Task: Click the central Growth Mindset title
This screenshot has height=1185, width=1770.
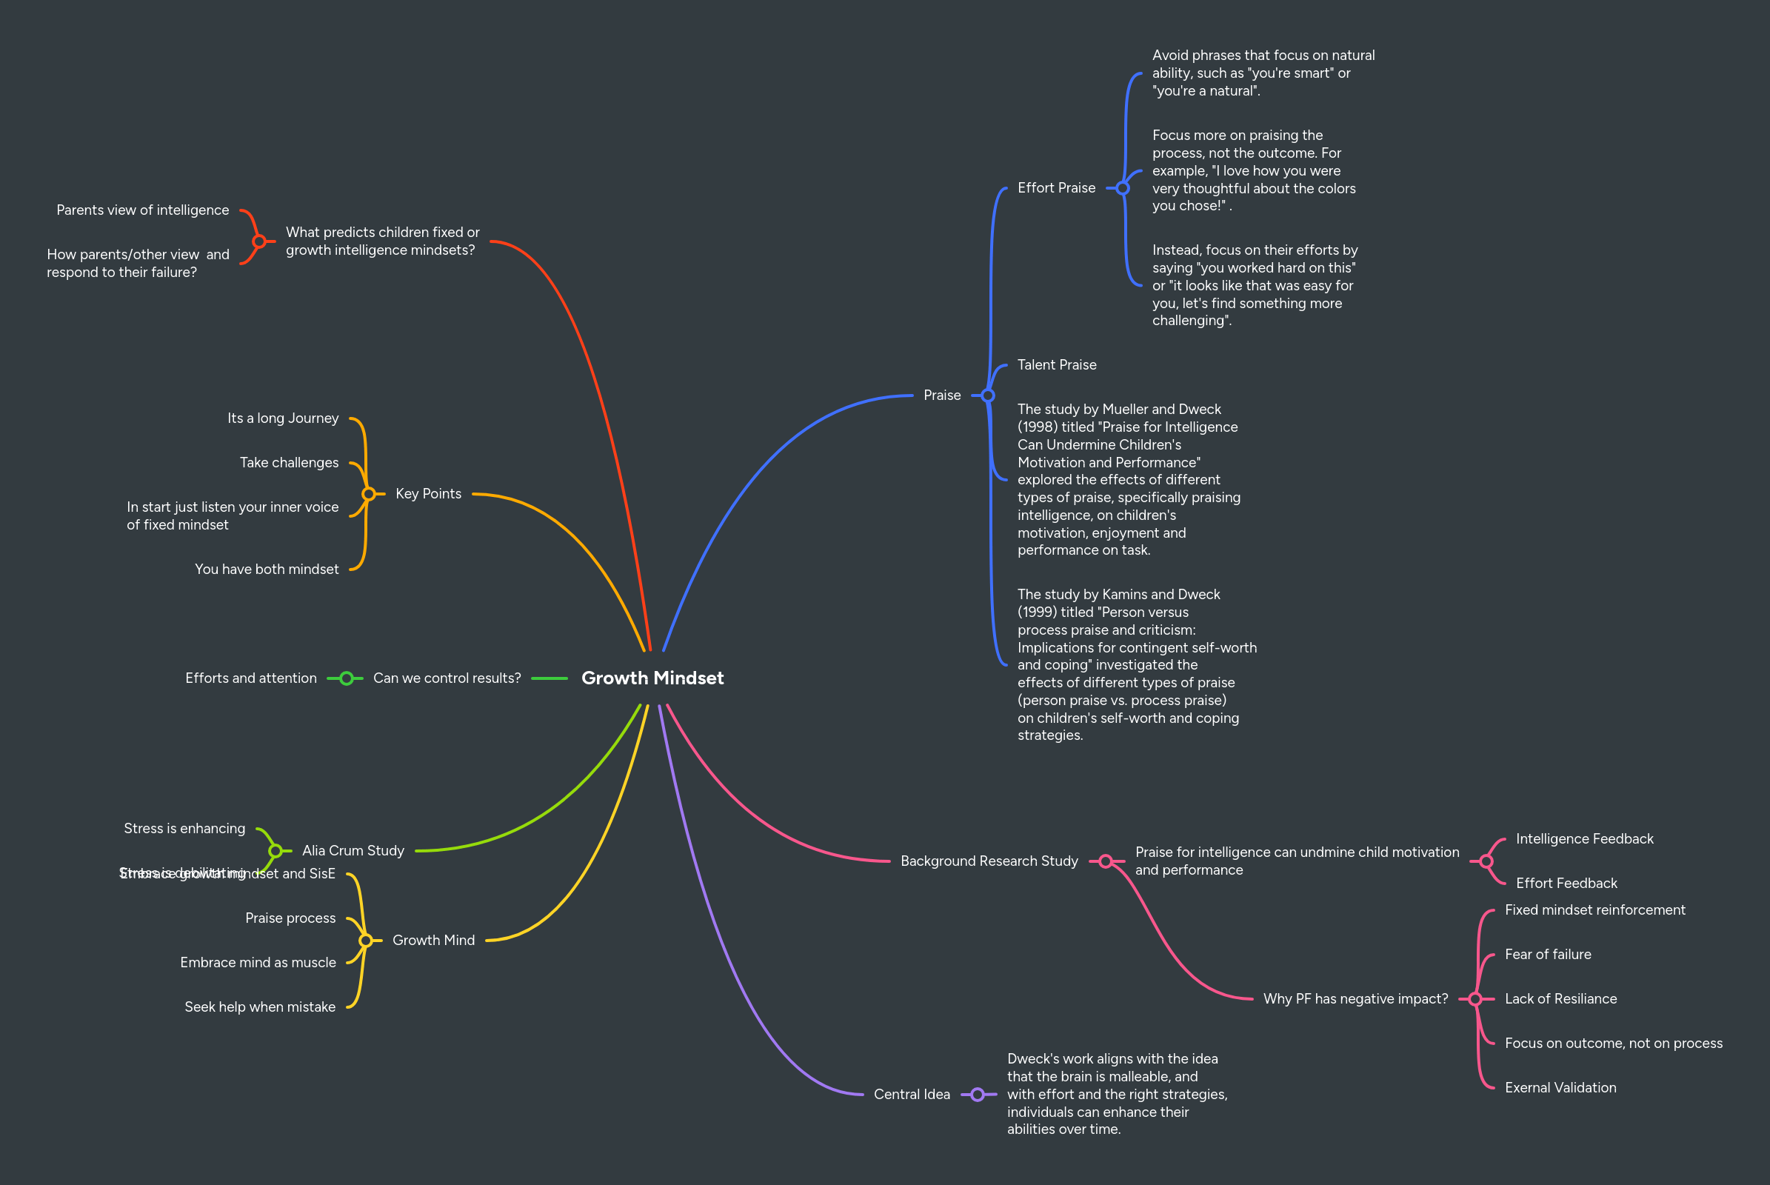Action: click(652, 678)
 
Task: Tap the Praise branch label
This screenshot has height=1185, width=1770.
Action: click(942, 395)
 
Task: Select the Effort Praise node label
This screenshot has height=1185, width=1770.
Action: click(1056, 187)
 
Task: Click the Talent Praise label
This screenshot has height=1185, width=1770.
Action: click(1057, 365)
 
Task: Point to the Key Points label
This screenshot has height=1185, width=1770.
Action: click(428, 493)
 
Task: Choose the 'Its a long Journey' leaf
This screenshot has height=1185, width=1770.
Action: click(283, 418)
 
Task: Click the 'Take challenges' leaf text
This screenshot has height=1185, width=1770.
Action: click(289, 462)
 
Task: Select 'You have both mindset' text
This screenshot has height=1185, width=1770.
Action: click(266, 569)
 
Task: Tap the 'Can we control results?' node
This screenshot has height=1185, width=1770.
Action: click(447, 678)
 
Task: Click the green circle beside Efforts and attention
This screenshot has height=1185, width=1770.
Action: click(346, 678)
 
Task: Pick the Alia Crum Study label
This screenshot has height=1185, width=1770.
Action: click(353, 850)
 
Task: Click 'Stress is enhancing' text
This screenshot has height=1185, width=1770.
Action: click(184, 828)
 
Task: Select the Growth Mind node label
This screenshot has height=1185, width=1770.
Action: click(433, 940)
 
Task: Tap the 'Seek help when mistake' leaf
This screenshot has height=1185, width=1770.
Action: click(260, 1007)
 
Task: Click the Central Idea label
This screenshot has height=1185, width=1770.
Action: click(912, 1095)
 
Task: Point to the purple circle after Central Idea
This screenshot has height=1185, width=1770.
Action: click(978, 1095)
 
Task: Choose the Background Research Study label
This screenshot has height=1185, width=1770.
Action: click(989, 861)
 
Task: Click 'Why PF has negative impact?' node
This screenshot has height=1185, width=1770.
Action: click(1355, 998)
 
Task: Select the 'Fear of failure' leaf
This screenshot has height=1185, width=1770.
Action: click(1547, 955)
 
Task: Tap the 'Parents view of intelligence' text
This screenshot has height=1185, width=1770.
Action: click(142, 210)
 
